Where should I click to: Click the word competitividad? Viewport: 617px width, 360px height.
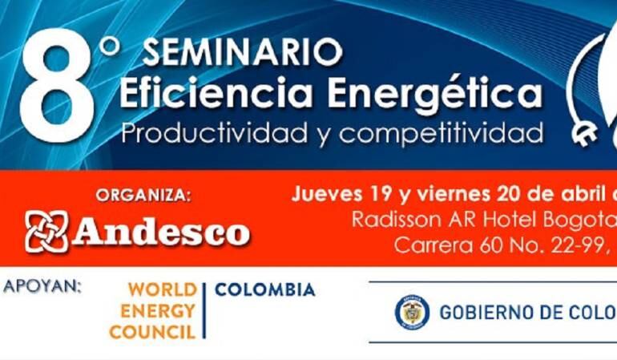coord(436,131)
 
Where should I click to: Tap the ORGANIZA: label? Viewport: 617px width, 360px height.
coord(143,195)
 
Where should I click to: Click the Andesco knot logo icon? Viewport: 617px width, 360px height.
coord(46,232)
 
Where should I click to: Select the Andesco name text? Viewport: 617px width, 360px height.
coord(161,233)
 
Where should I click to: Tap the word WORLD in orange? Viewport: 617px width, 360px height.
coord(162,290)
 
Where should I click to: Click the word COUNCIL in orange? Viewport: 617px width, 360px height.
coord(153,332)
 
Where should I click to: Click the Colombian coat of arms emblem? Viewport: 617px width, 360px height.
coord(412,312)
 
